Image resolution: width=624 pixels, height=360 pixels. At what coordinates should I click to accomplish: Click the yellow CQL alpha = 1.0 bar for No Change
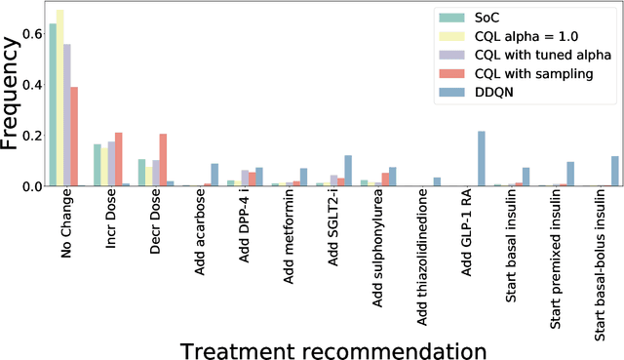pos(59,98)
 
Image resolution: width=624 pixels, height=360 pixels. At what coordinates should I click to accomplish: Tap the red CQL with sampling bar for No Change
pos(74,137)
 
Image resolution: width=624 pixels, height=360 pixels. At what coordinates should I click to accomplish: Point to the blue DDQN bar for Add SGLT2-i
pos(348,171)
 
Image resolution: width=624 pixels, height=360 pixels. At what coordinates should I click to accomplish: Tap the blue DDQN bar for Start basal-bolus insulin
pos(615,171)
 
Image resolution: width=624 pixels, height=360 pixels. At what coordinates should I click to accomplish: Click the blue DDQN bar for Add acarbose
pos(214,175)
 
